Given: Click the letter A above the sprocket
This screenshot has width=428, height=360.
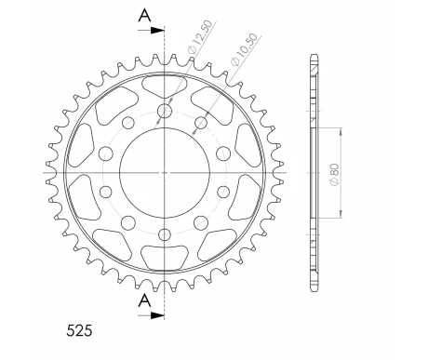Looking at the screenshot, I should click(x=144, y=14).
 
